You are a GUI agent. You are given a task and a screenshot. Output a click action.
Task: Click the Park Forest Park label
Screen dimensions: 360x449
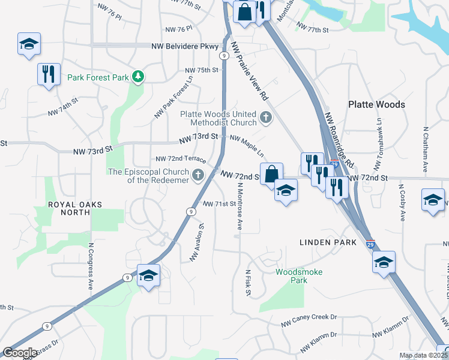tap(98, 77)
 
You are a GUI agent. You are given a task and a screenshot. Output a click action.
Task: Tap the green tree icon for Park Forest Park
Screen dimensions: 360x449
tap(139, 76)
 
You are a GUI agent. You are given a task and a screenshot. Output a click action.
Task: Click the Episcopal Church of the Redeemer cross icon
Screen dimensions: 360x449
tap(198, 175)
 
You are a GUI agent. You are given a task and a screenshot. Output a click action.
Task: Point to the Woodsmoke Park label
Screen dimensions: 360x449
tap(298, 276)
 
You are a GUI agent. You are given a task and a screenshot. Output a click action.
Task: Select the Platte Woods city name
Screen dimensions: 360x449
tap(376, 104)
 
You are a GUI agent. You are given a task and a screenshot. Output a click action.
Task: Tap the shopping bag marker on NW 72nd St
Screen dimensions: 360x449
tap(271, 173)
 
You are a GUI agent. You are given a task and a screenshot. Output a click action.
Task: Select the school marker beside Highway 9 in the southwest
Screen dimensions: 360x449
tap(148, 275)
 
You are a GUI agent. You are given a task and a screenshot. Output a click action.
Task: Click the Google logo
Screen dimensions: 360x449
tap(20, 353)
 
